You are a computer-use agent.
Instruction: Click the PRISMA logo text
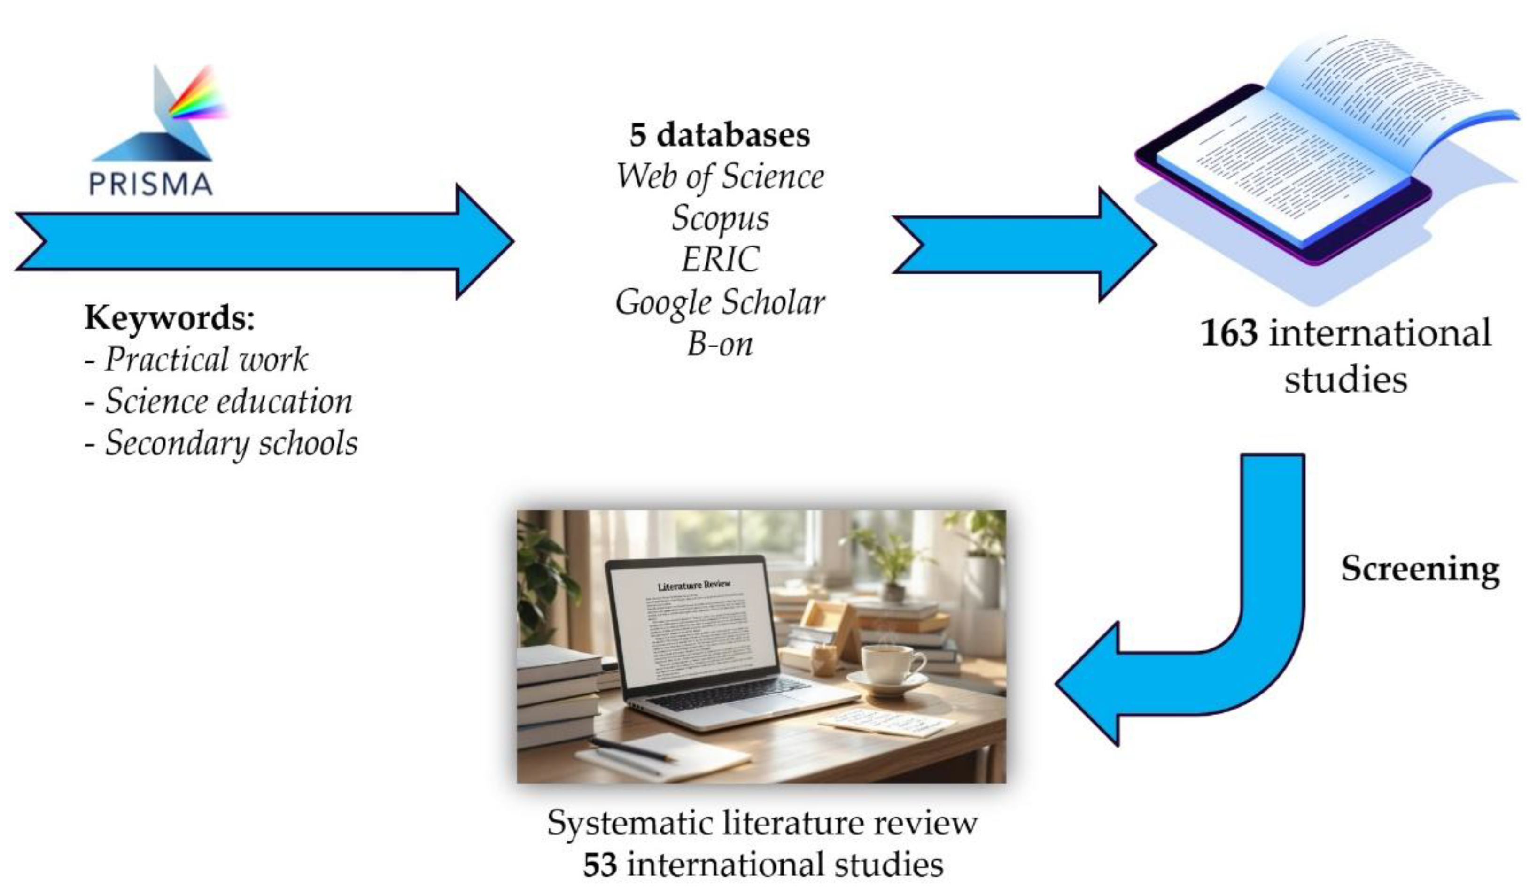(151, 184)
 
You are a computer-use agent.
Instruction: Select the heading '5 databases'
(720, 135)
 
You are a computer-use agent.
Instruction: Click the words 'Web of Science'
(720, 177)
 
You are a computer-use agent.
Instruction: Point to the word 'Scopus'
(720, 218)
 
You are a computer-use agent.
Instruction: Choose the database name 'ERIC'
(720, 260)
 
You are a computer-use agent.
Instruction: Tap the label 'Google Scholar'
(720, 302)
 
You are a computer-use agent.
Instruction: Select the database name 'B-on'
(720, 343)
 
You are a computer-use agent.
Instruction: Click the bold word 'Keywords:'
(170, 317)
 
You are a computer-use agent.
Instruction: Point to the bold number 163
(1229, 333)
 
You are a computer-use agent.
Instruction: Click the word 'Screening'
(1420, 568)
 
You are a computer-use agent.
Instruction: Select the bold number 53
(599, 864)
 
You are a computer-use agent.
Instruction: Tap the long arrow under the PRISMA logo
(262, 241)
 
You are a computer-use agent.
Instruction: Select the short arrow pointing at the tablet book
(1025, 244)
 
